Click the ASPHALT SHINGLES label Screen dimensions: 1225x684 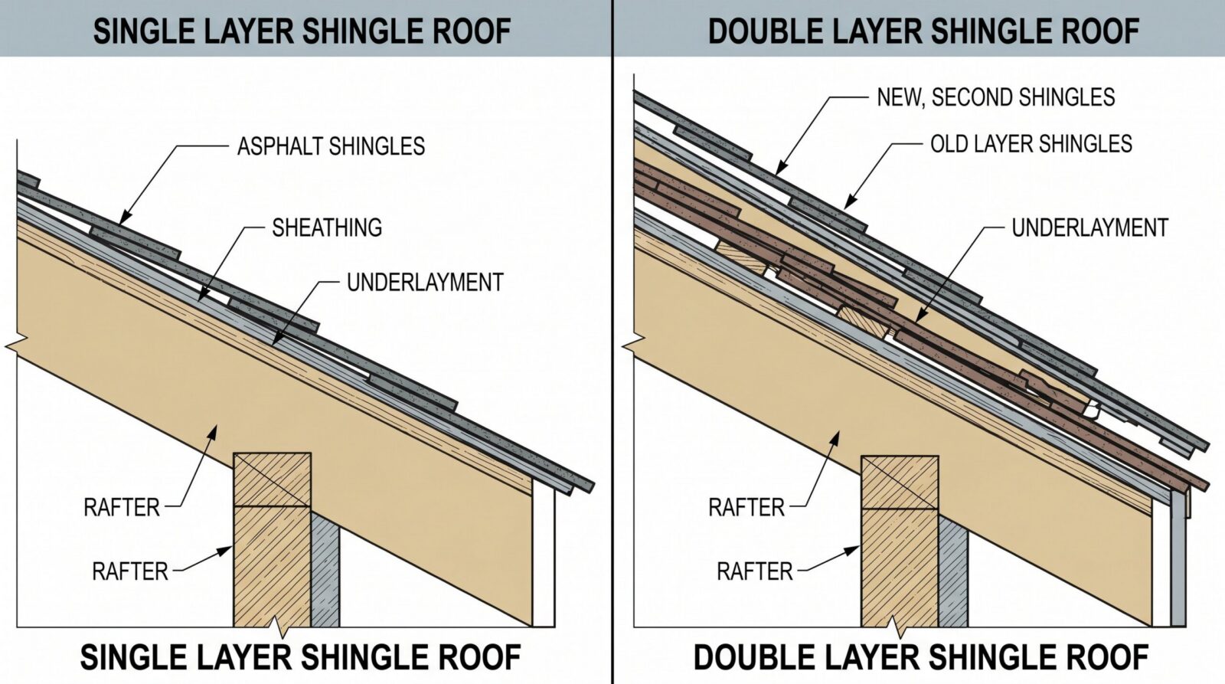pos(331,146)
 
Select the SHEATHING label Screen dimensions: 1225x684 pos(327,227)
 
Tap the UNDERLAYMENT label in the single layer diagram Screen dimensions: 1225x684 pos(425,283)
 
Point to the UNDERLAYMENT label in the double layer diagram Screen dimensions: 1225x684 pos(1090,227)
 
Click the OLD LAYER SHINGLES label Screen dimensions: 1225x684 pos(1031,144)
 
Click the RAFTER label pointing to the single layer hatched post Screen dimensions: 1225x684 pos(130,572)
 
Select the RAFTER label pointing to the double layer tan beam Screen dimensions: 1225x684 pos(746,508)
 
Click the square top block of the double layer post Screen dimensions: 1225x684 pos(900,483)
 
